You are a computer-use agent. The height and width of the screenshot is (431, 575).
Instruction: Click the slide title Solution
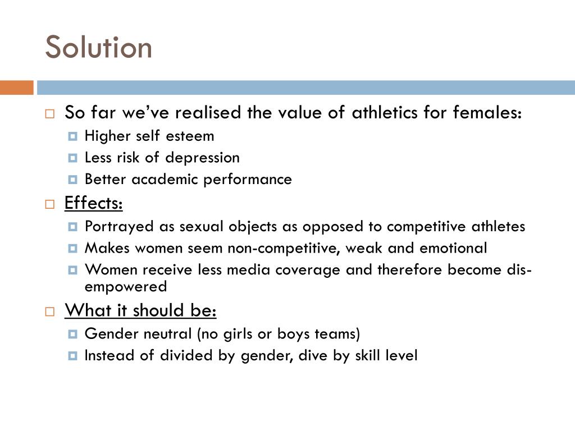coord(98,47)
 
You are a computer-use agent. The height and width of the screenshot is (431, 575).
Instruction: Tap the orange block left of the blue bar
coord(16,88)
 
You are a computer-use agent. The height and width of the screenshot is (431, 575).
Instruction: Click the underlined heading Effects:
coord(93,203)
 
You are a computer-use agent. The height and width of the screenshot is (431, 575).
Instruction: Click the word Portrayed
coord(112,226)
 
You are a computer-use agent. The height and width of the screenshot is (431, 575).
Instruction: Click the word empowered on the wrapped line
coord(125,286)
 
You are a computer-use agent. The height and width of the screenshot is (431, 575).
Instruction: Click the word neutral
coord(168,334)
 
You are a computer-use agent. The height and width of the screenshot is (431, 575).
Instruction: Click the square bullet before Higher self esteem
coord(72,136)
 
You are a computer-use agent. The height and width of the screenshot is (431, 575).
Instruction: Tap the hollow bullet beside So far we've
coord(49,113)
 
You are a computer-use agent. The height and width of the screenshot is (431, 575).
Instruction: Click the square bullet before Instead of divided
coord(72,356)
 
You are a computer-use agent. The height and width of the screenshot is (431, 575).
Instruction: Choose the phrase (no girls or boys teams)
coord(278,334)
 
